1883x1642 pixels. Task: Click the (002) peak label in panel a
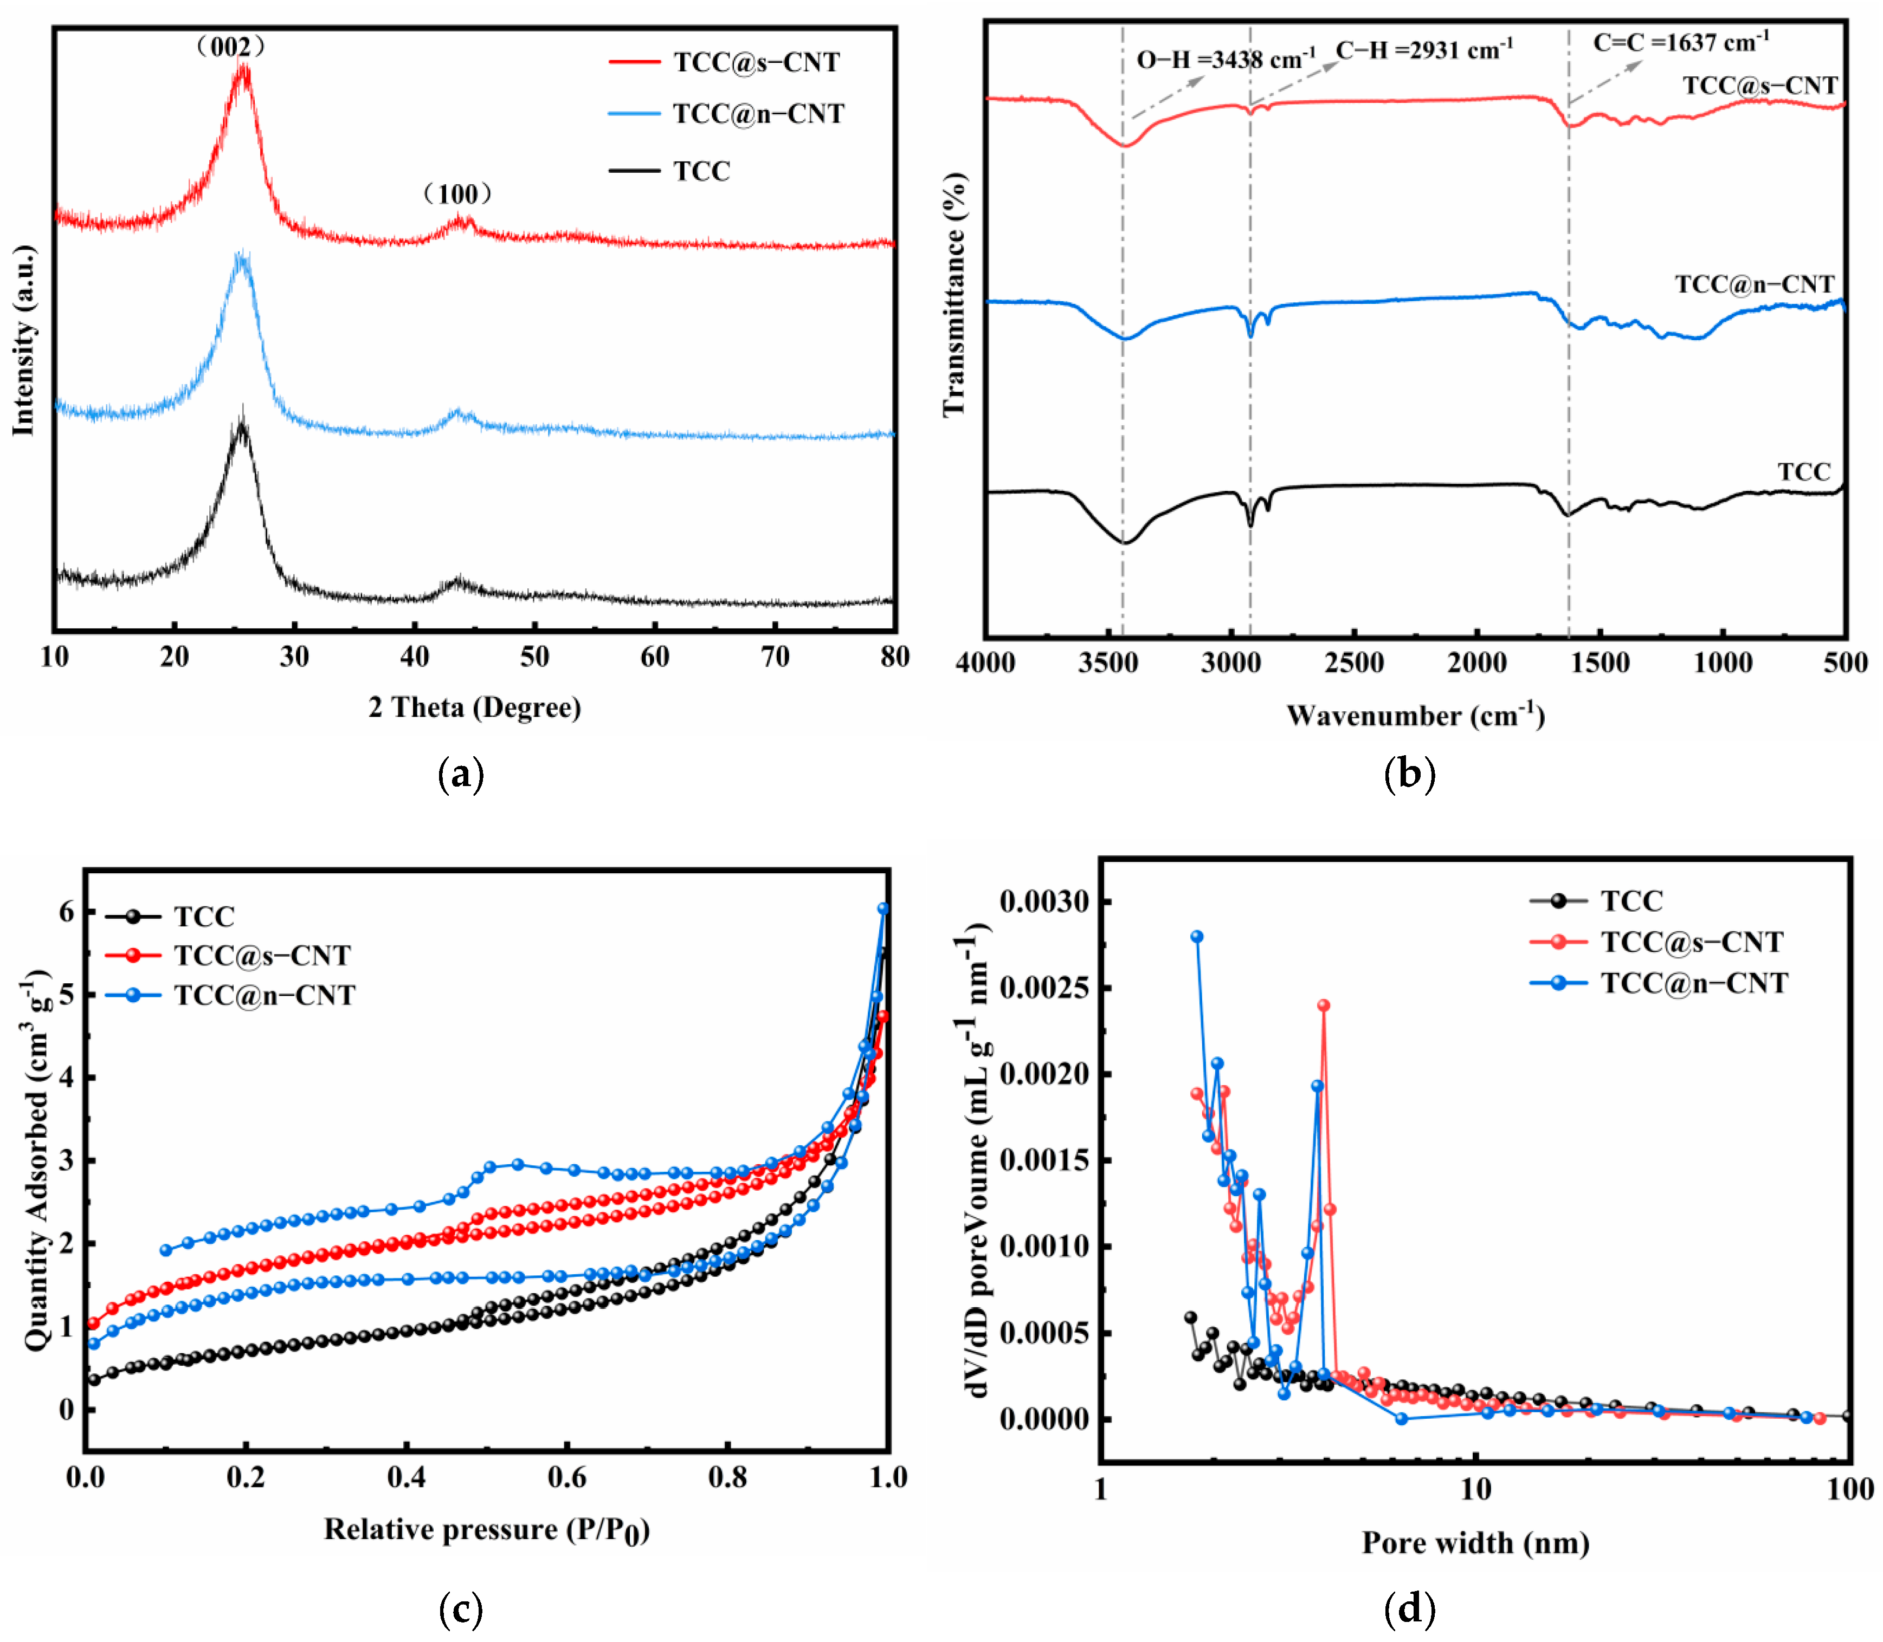coord(231,46)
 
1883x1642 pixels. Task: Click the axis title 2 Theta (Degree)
coord(475,708)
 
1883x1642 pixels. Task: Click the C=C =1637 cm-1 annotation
coord(1680,42)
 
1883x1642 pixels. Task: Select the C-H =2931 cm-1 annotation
coord(1424,49)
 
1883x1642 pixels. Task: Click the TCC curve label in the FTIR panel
coord(1804,472)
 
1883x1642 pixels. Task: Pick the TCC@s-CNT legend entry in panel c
coord(262,956)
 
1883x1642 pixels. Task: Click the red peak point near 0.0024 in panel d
coord(1324,1005)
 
